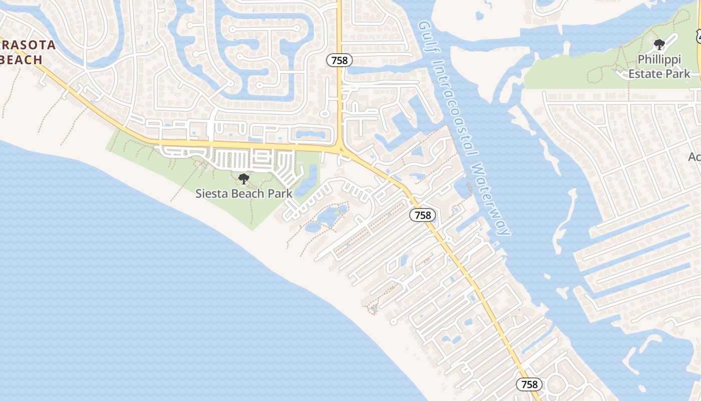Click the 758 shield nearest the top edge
coord(339,61)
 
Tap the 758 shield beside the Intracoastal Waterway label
coord(423,215)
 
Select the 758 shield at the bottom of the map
coord(529,384)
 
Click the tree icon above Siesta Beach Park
coord(244,178)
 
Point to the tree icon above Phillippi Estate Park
coord(659,45)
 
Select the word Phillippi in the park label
coord(659,60)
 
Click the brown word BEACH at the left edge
coord(21,60)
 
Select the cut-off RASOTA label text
coord(28,45)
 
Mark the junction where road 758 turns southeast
coord(340,149)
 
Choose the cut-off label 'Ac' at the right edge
coord(694,157)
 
